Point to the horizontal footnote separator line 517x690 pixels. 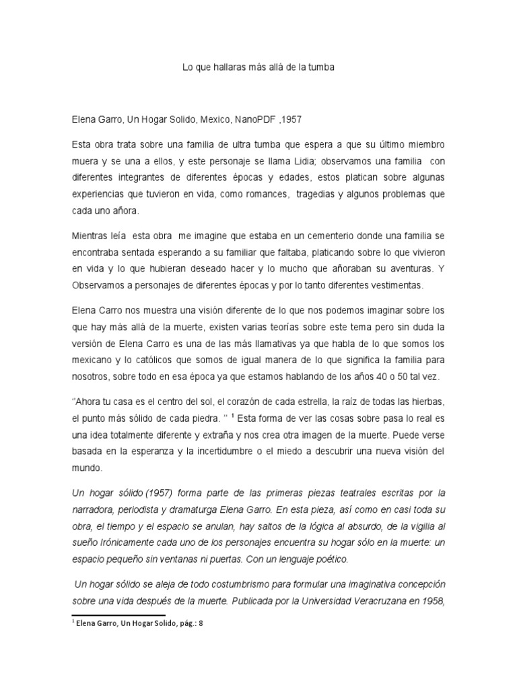(118, 615)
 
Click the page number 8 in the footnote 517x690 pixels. (201, 625)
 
